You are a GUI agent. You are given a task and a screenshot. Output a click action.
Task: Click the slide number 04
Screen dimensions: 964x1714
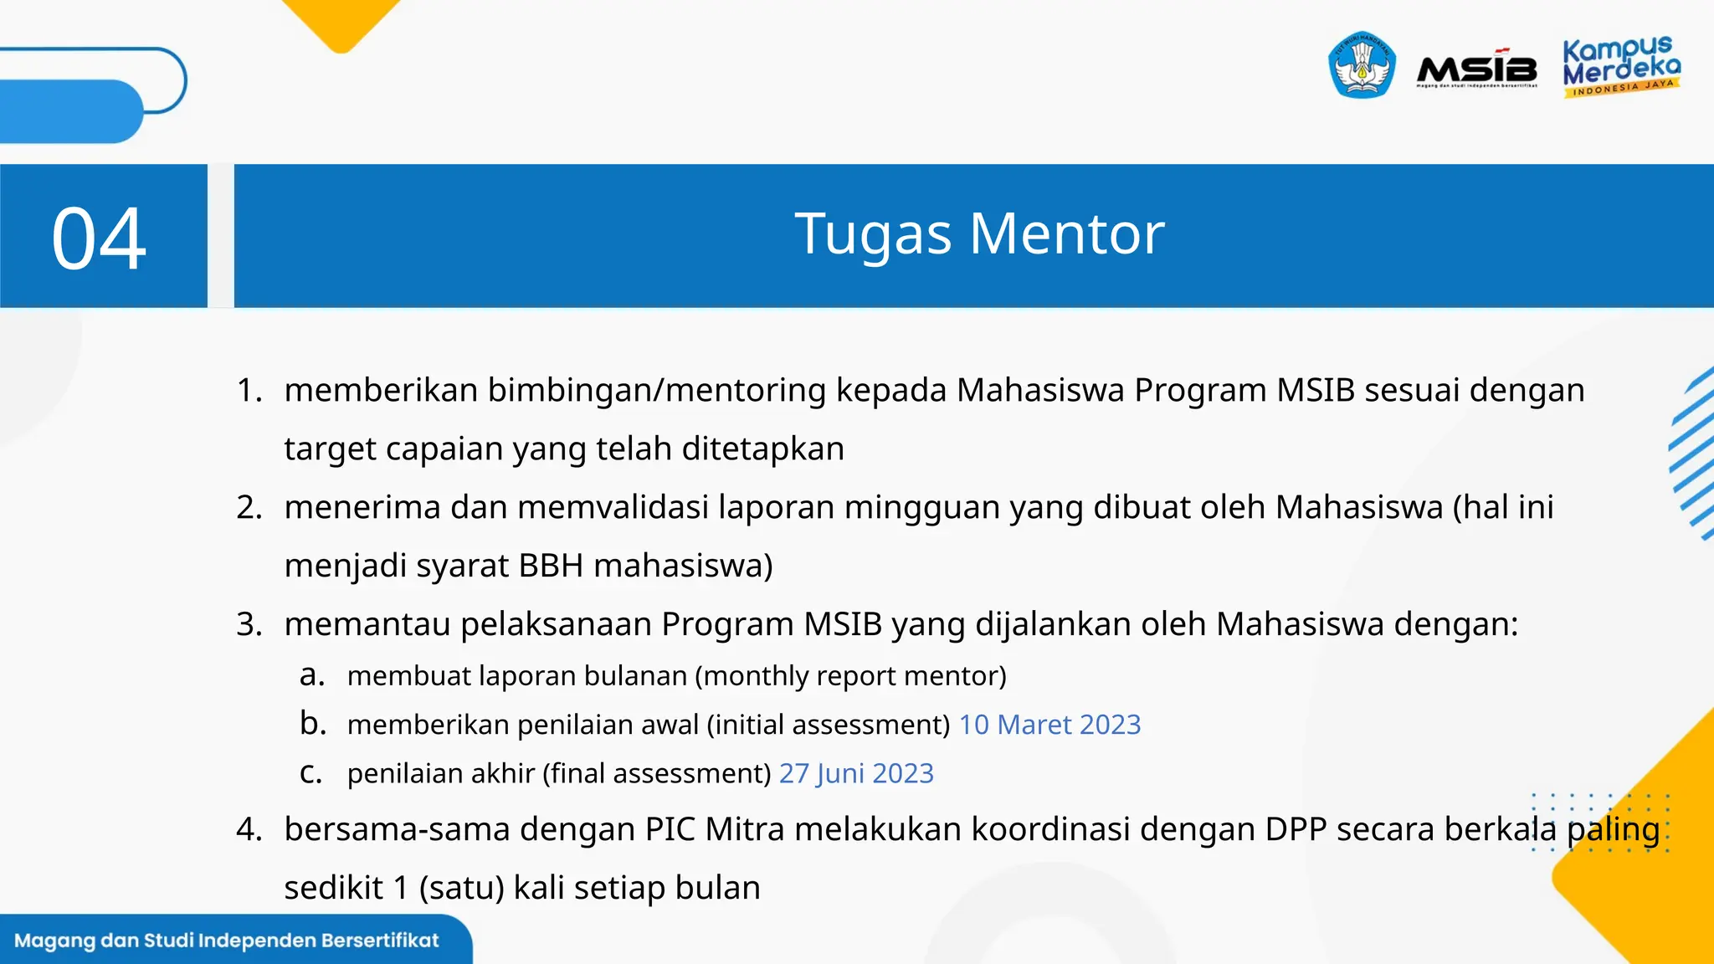99,239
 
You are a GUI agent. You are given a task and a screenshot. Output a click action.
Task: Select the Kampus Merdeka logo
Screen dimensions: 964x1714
1620,67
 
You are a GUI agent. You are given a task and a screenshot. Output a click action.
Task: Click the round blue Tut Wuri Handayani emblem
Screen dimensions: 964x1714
1362,65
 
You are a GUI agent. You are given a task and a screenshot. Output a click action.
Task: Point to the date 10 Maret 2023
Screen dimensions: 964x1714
1049,725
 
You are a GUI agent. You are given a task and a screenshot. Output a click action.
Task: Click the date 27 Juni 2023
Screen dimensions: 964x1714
856,773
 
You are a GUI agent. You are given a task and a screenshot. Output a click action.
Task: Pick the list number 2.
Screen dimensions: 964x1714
249,508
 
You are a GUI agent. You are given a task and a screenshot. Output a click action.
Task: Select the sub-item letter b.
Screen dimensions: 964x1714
313,724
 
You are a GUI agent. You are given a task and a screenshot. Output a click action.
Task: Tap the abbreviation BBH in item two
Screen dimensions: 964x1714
551,567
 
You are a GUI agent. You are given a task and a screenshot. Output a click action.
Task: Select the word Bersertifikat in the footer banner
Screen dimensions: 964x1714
380,941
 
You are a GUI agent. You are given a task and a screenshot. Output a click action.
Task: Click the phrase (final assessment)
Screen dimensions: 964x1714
657,773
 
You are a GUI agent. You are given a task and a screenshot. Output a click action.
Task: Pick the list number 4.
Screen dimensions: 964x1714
249,830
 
